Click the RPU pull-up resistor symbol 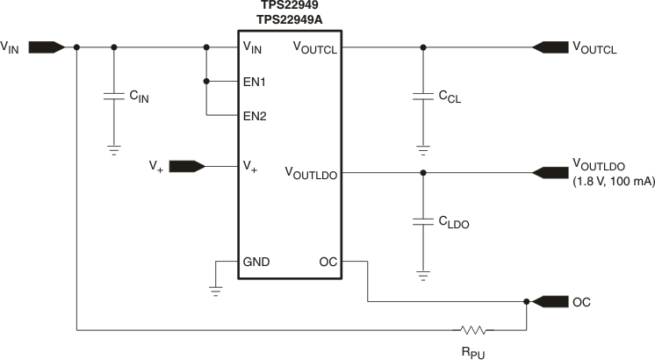tap(473, 330)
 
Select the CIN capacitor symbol tap(112, 97)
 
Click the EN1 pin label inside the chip tap(256, 82)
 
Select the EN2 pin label tap(256, 115)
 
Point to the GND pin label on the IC tap(256, 262)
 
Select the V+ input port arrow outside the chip tap(186, 165)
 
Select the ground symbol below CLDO tap(422, 276)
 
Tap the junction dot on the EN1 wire tap(206, 81)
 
